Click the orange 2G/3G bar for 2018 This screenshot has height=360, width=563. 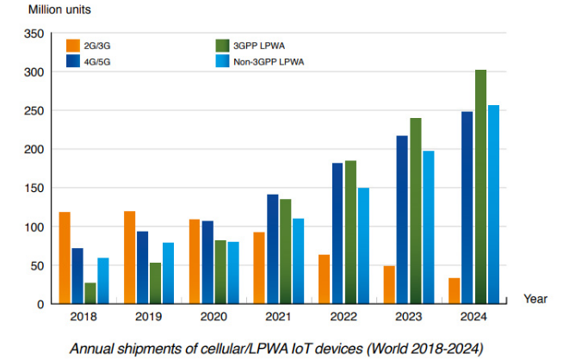pos(65,258)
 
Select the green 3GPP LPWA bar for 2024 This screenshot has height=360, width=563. pos(480,187)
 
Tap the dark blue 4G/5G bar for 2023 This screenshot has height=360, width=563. pos(402,220)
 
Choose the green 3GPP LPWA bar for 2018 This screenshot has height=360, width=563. pos(90,293)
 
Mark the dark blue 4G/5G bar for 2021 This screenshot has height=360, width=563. pos(273,249)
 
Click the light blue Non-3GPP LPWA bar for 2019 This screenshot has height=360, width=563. pos(168,273)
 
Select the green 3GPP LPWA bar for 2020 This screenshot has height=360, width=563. pos(220,272)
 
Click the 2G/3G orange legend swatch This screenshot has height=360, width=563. pos(73,45)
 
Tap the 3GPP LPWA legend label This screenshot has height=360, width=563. pos(265,45)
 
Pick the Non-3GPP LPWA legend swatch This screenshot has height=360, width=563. pos(222,61)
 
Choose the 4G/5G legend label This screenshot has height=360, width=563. pos(97,61)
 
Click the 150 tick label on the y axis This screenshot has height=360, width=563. pos(34,188)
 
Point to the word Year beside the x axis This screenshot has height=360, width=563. pos(535,299)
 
